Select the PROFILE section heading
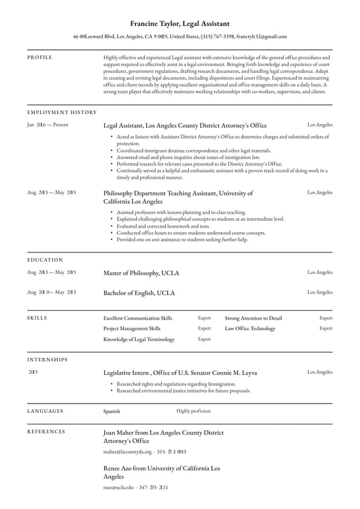point(39,57)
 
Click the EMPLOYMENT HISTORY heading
point(62,112)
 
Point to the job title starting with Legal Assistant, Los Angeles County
point(185,125)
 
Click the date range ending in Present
point(47,125)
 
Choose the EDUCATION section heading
point(45,260)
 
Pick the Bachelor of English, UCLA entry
point(139,292)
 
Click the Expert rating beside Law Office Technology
point(325,328)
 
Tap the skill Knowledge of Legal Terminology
point(139,339)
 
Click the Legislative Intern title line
point(180,373)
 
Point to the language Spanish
point(112,411)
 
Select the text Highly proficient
point(194,411)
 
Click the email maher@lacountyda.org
point(127,452)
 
